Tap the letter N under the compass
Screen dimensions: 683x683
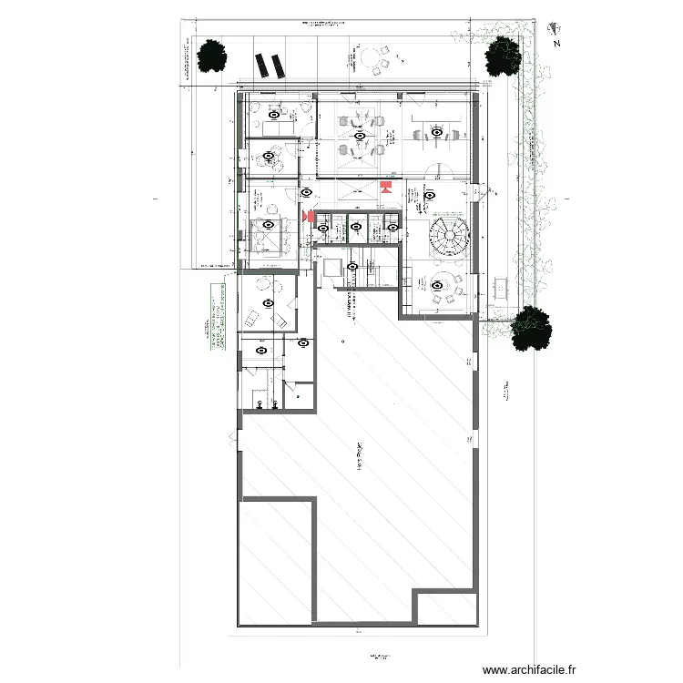(556, 43)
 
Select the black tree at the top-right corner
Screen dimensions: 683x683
(503, 57)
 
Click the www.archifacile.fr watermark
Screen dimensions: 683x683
(529, 668)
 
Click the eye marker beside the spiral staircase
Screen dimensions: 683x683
(428, 194)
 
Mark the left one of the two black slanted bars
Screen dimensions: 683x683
(262, 66)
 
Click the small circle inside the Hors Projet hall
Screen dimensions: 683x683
(342, 341)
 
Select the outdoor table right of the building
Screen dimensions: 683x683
(499, 288)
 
